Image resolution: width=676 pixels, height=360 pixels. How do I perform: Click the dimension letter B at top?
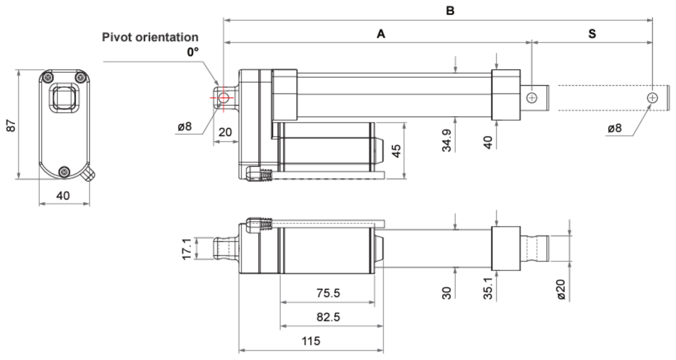pos(450,11)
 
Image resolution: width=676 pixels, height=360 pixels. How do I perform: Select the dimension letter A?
pos(381,34)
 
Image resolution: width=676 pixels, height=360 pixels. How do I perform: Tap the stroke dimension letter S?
pos(592,34)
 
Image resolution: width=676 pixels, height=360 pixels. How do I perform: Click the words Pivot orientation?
pos(150,37)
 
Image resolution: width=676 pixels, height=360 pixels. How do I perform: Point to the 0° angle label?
pos(192,52)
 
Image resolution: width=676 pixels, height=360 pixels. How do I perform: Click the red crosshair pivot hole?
pos(223,97)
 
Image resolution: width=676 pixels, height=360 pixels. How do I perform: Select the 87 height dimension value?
pos(11,125)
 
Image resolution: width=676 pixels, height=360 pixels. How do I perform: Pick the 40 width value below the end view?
pos(63,196)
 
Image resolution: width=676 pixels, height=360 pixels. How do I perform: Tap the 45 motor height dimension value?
pos(396,151)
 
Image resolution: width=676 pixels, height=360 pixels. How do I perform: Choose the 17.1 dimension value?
pos(187,249)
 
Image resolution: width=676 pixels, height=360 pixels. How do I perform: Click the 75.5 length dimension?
pos(328,293)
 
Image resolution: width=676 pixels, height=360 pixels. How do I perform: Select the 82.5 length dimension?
pos(328,317)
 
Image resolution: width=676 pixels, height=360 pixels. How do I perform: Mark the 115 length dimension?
pos(311,341)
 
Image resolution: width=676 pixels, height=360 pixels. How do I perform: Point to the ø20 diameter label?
pos(561,289)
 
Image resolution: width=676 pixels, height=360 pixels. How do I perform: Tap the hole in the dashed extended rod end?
pos(652,97)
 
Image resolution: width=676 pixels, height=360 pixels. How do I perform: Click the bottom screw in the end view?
pos(65,171)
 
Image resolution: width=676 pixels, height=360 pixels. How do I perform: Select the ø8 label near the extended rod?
pos(615,128)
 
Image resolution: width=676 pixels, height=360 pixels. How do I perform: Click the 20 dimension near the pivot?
pos(225,132)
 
